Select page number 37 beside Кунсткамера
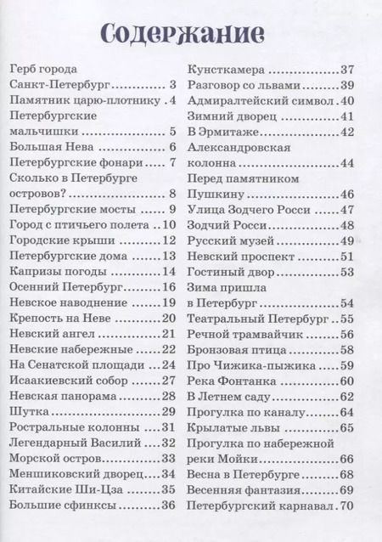tap(345, 69)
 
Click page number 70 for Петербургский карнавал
tap(345, 507)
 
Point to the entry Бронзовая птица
tap(232, 350)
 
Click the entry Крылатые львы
tap(228, 428)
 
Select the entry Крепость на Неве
tap(58, 319)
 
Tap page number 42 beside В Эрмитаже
tap(345, 132)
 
